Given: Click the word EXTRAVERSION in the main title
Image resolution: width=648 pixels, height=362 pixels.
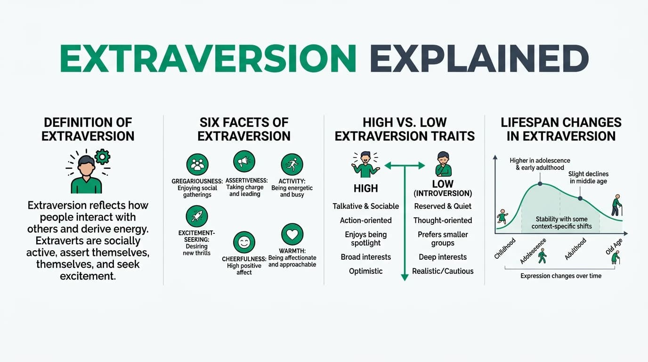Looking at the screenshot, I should point(208,58).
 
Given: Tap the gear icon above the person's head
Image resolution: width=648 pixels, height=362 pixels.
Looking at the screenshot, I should point(102,156).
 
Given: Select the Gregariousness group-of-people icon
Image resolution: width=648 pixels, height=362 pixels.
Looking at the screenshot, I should point(197,164).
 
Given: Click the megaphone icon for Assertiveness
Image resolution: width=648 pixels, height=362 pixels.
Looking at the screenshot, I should point(244,162).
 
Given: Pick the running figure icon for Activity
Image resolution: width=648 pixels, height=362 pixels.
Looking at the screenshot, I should point(292,165).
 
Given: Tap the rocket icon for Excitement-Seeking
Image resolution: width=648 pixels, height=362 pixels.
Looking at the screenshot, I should point(197,216).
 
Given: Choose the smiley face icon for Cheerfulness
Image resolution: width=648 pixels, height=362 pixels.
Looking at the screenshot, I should point(244,243).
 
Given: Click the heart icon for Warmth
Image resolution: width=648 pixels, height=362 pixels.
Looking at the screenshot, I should point(292,234).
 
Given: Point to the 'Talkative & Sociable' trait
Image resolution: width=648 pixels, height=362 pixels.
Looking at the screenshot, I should point(365,206).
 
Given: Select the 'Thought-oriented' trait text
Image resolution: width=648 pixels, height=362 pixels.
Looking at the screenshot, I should point(442,220).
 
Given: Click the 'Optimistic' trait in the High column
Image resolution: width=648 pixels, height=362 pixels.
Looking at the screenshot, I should point(365,271).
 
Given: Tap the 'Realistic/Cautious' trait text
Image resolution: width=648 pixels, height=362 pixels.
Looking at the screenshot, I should point(442,271).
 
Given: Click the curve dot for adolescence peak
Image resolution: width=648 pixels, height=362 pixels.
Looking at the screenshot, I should point(540,183).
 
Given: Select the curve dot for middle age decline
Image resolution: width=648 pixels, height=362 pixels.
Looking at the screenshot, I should point(580,198).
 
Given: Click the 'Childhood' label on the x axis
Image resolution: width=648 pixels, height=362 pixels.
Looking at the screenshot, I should point(505,248).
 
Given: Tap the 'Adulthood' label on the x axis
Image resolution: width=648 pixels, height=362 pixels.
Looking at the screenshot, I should point(575,249).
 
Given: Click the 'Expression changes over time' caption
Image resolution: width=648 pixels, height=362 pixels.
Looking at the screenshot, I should point(560,276).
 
